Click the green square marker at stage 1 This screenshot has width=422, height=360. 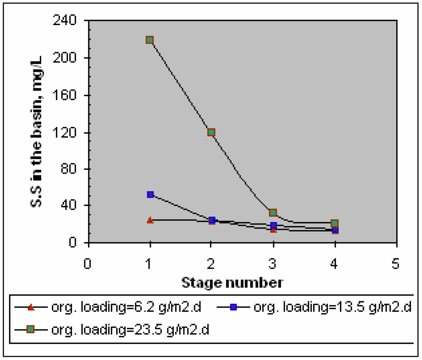150,40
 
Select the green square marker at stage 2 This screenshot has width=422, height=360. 211,132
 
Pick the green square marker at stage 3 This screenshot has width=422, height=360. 273,213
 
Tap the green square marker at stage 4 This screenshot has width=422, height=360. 335,223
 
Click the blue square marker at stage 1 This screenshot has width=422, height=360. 150,194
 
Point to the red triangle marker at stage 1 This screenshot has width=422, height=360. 150,220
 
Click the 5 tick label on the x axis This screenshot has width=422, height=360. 396,263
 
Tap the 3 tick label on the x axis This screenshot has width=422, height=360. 273,263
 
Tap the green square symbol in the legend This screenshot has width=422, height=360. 30,330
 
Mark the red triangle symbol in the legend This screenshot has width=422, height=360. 30,307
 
